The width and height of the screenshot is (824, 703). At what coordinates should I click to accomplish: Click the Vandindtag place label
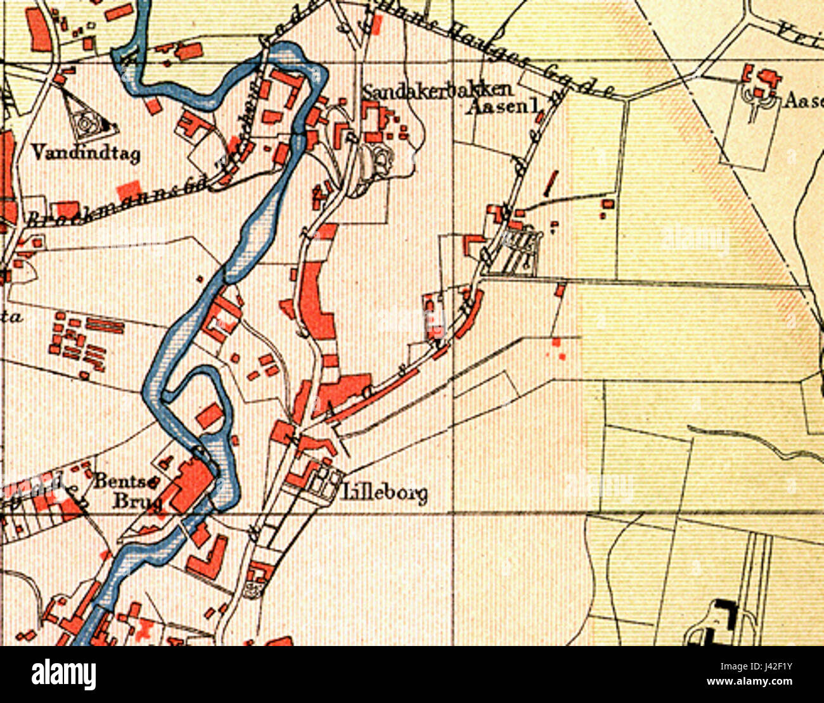click(x=86, y=153)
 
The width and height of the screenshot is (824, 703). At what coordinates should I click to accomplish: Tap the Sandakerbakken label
click(x=437, y=92)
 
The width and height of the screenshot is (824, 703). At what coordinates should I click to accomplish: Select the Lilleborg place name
click(x=385, y=493)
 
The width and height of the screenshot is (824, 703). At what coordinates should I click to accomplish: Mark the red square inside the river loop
click(x=210, y=415)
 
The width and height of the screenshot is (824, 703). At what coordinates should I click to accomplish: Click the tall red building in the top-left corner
click(x=37, y=28)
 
